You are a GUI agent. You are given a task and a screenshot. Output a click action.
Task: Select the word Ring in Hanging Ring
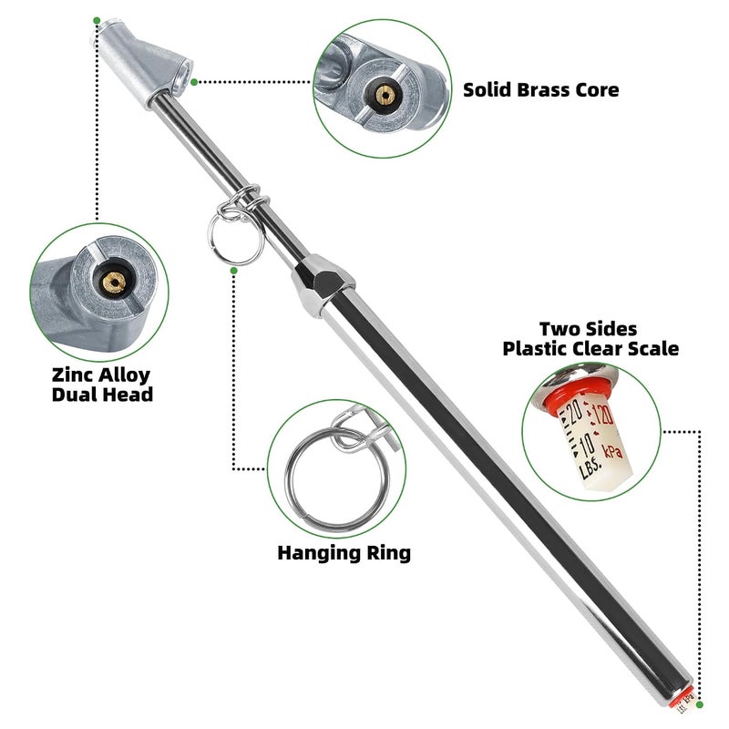[389, 553]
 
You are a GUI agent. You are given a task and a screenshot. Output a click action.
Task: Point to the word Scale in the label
[653, 349]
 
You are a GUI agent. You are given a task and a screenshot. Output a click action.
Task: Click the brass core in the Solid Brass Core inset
[385, 95]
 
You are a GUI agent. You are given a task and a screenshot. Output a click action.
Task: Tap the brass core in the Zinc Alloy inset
[114, 282]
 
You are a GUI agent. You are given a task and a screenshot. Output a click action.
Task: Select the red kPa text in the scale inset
[612, 450]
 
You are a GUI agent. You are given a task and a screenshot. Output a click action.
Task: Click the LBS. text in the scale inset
[590, 467]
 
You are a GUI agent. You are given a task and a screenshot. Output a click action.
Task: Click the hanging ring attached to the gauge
[236, 237]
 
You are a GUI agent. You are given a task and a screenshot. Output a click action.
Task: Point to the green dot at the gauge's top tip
[97, 20]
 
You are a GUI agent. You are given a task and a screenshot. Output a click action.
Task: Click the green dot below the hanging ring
[234, 270]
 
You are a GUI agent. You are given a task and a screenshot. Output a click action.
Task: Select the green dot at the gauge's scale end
[700, 704]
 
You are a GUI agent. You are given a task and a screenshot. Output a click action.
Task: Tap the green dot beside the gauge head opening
[194, 82]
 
